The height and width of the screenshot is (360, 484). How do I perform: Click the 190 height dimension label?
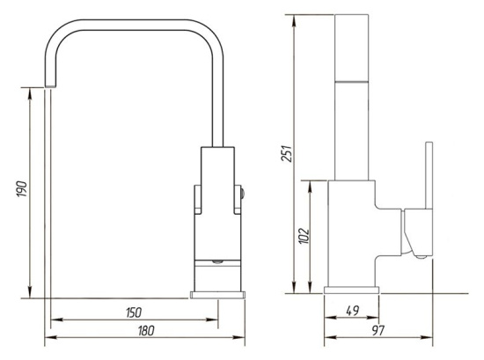click(22, 189)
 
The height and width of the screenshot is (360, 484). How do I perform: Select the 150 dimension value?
click(134, 312)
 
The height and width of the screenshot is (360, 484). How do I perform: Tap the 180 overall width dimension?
click(146, 331)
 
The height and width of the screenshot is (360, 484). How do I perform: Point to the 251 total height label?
click(286, 153)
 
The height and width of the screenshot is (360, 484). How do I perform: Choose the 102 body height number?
click(304, 236)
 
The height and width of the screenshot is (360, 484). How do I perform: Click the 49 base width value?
click(353, 311)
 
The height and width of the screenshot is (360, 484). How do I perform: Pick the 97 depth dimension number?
click(378, 330)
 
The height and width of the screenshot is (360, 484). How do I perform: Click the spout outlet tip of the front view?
click(51, 86)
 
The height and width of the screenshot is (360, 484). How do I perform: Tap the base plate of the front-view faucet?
click(218, 295)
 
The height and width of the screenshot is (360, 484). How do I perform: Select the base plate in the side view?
click(352, 290)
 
